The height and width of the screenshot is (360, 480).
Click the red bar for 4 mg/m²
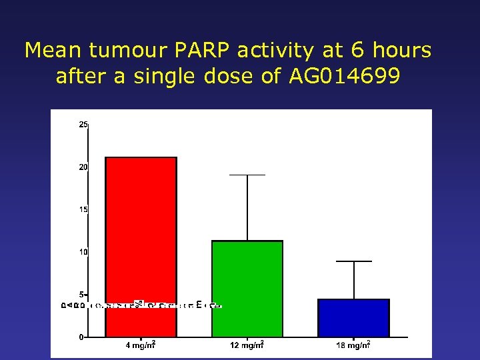pyautogui.click(x=141, y=247)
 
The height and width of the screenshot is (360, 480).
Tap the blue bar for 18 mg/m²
pyautogui.click(x=353, y=318)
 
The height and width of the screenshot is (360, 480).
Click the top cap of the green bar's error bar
pyautogui.click(x=247, y=175)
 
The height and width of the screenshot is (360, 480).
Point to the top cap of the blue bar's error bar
pyautogui.click(x=353, y=261)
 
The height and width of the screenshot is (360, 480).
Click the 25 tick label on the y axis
pyautogui.click(x=83, y=125)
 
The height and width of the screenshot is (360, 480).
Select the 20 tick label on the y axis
pyautogui.click(x=83, y=167)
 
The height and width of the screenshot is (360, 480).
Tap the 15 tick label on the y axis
pyautogui.click(x=83, y=209)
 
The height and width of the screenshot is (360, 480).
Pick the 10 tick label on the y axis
pyautogui.click(x=83, y=252)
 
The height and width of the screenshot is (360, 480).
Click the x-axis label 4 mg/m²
pyautogui.click(x=141, y=345)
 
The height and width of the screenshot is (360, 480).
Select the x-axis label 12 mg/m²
pyautogui.click(x=247, y=345)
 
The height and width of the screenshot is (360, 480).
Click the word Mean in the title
pyautogui.click(x=52, y=51)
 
